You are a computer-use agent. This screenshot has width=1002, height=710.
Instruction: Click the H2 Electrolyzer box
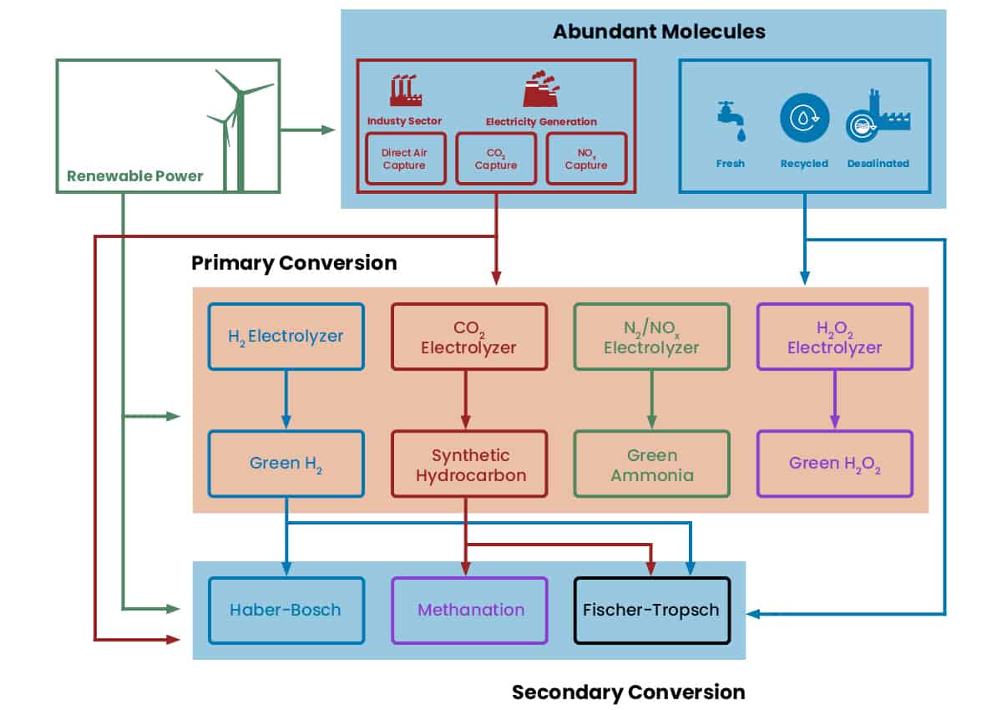286,337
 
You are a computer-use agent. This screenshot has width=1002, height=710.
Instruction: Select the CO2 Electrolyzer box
468,337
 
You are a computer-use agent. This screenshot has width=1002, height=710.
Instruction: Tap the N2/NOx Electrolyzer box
651,337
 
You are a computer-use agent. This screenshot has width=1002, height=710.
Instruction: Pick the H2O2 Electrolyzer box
834,337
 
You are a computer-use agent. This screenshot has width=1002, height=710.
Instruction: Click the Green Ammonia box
651,464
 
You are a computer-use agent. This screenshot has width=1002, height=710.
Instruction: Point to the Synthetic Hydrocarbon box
468,464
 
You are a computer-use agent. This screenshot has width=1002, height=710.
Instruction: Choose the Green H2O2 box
834,464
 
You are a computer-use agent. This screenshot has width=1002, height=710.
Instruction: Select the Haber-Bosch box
286,610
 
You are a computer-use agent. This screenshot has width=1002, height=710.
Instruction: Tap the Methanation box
469,610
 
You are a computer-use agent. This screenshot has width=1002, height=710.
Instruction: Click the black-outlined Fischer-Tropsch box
652,610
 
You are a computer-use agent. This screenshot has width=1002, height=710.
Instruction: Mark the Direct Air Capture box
404,159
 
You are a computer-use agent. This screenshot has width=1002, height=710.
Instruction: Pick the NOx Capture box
586,159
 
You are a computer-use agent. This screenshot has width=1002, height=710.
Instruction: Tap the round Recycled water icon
804,118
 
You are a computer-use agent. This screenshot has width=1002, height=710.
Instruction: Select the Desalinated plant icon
877,119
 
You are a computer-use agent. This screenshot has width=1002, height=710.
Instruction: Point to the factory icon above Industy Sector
403,89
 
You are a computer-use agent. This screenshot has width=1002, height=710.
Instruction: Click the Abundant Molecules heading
659,33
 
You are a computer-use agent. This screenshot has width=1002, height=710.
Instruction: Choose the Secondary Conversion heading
628,692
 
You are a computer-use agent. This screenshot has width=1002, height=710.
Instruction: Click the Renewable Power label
135,176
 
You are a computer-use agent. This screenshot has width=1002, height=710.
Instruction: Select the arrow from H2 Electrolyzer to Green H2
286,399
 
